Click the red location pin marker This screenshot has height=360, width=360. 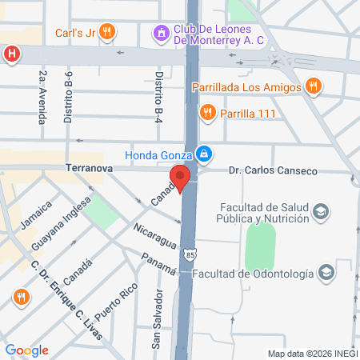181,178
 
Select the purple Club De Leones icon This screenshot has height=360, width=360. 160,33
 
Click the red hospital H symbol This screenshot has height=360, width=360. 11,54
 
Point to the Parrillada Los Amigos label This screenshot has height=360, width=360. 246,86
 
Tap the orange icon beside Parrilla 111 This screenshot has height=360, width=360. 208,112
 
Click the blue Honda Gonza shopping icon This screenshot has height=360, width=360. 205,153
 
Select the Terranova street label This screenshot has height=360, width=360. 89,170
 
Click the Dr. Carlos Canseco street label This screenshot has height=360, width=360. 273,170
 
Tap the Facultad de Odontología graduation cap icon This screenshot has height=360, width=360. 326,274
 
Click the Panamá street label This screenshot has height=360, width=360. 158,264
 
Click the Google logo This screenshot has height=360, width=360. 26,350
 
